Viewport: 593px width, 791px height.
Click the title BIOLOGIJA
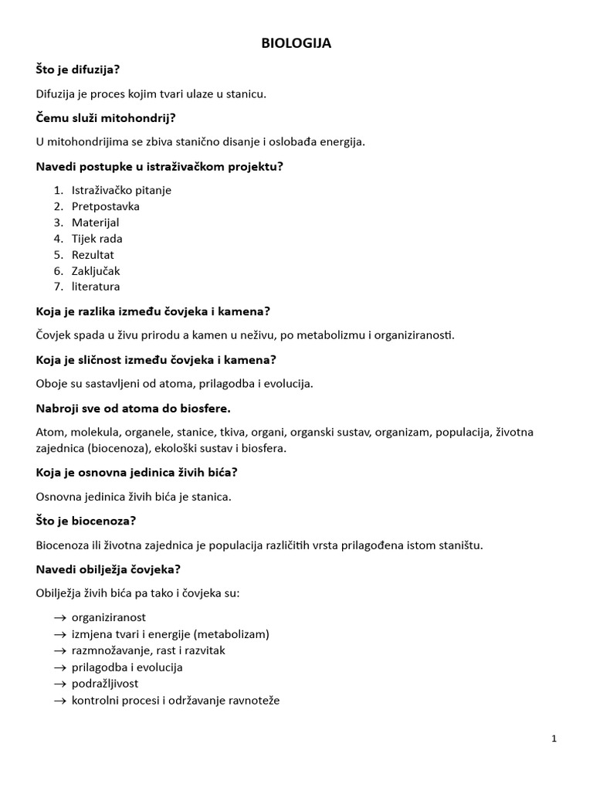(x=296, y=44)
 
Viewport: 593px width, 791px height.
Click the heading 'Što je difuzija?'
(x=78, y=70)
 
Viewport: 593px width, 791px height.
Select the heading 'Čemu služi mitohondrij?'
(x=106, y=117)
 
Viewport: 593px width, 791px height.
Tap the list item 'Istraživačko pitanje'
(x=121, y=190)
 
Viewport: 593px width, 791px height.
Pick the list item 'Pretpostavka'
(x=106, y=206)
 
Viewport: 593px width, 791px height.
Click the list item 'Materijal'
(x=96, y=222)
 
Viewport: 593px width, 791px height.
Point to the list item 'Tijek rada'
(x=97, y=239)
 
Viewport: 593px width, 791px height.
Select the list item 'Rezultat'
(x=93, y=255)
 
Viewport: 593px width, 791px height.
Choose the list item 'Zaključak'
(x=96, y=271)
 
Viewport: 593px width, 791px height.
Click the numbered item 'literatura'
(x=96, y=287)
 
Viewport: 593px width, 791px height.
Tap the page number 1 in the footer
(x=554, y=738)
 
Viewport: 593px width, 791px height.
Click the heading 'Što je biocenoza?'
(x=86, y=521)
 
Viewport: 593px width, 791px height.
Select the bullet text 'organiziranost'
(x=109, y=618)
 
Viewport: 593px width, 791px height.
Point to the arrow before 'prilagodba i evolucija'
(x=59, y=667)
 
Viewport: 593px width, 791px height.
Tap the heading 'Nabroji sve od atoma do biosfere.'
(x=134, y=408)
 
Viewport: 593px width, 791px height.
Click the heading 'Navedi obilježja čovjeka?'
(x=109, y=569)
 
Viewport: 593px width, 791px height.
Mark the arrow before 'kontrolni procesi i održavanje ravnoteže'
(x=59, y=701)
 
